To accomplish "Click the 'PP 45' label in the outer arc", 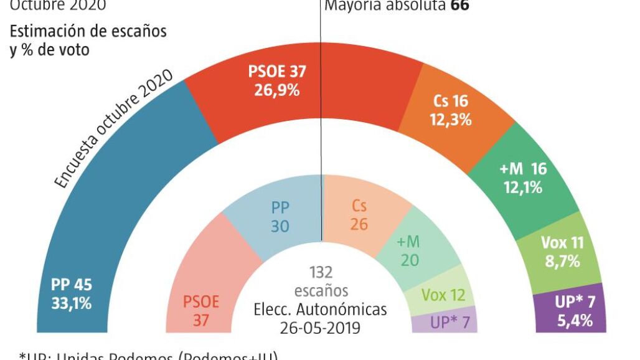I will [x=72, y=285].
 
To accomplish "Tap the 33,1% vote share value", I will [x=72, y=304].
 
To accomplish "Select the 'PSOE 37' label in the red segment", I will [x=277, y=72].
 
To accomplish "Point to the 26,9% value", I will [x=277, y=90].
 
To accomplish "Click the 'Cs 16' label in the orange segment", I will [x=450, y=102].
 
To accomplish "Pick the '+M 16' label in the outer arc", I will [x=524, y=169].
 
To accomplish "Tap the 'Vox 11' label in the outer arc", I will [x=563, y=243].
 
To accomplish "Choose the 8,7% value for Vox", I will [x=563, y=261].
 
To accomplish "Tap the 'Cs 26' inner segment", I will [x=359, y=215].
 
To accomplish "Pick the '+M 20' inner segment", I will [x=410, y=252].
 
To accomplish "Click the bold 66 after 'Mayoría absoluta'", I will [x=459, y=6].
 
